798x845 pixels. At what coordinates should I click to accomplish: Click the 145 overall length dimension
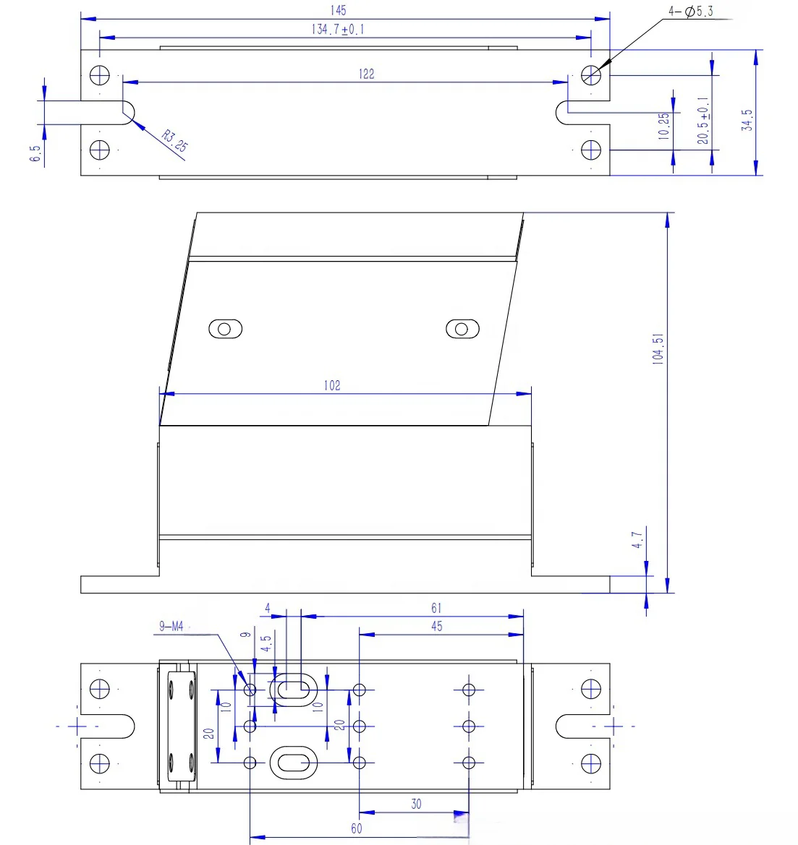coord(339,10)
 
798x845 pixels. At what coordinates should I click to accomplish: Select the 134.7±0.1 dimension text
coord(338,29)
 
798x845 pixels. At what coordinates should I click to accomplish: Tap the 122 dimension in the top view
coord(366,74)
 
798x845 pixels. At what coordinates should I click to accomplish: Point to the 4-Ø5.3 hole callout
coord(691,12)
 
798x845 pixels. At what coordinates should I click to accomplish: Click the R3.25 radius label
coord(175,141)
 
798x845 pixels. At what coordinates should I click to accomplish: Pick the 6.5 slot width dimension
coord(35,153)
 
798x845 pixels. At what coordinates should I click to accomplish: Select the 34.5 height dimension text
coord(747,120)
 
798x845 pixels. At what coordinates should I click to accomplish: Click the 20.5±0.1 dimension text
coord(703,121)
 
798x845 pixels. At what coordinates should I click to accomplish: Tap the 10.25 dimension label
coord(663,126)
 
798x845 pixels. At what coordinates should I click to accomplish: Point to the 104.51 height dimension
coord(658,349)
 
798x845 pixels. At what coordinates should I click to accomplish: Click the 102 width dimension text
coord(332,385)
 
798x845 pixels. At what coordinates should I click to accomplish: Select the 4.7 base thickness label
coord(637,540)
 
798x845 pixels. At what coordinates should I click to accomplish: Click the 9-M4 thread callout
coord(171,626)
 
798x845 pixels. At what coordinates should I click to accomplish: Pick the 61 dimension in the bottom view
coord(436,608)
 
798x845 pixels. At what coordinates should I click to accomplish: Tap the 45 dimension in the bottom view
coord(437,626)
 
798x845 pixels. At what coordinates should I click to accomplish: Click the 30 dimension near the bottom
coord(416,804)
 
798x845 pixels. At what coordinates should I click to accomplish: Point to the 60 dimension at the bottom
coord(357,828)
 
